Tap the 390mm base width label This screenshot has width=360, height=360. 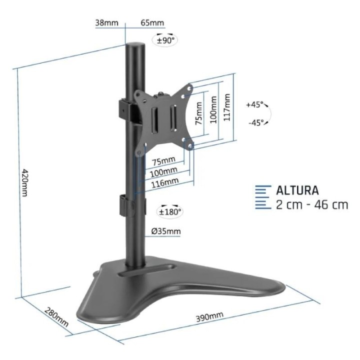click(x=209, y=316)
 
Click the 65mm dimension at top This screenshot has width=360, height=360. click(x=152, y=22)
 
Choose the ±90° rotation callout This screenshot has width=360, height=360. click(x=165, y=40)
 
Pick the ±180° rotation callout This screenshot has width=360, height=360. click(x=170, y=211)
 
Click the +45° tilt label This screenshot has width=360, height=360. click(x=254, y=105)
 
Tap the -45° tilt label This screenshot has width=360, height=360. click(x=255, y=122)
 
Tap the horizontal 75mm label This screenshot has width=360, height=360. click(x=163, y=161)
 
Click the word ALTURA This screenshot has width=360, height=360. click(x=297, y=190)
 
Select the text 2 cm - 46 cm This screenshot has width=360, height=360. click(x=311, y=205)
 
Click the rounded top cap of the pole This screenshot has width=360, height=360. click(x=133, y=45)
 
